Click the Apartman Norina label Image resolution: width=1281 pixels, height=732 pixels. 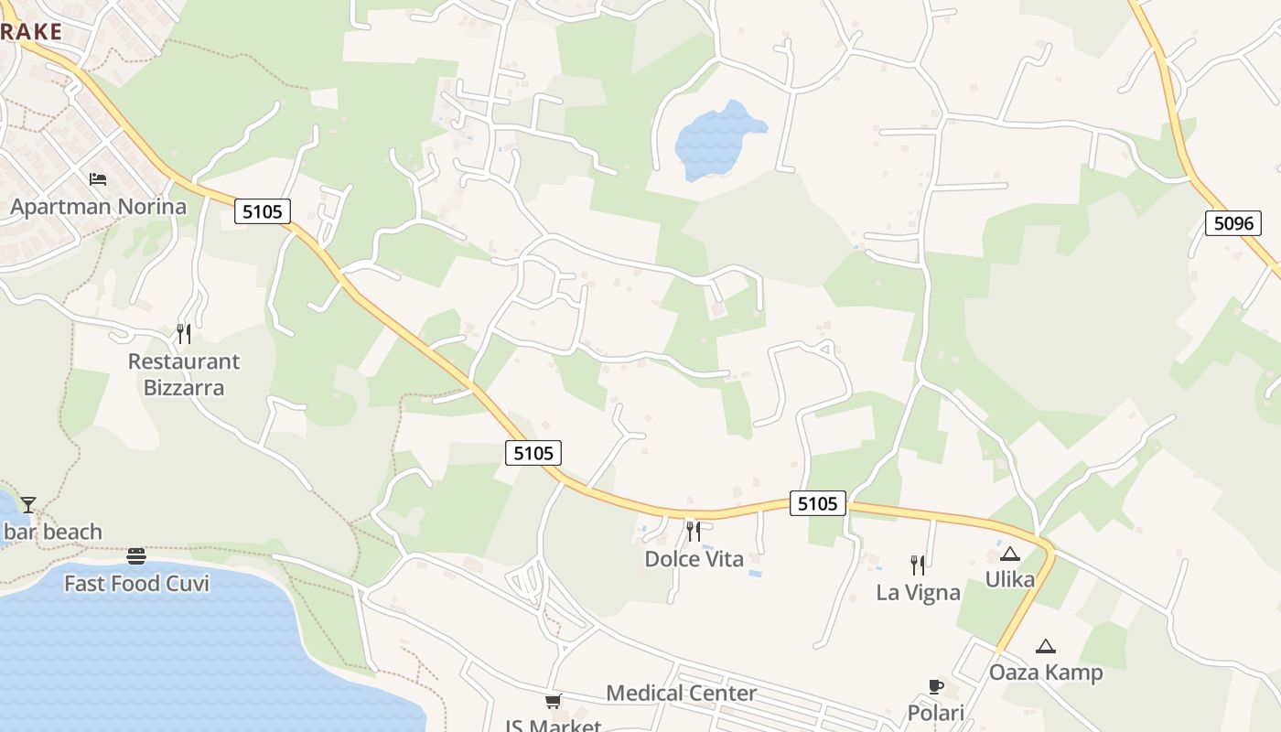click(x=98, y=207)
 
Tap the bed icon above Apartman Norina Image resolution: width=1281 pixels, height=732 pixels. click(x=98, y=178)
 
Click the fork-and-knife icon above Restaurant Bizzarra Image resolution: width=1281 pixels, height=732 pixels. click(x=184, y=333)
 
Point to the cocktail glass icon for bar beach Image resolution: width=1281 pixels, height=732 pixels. click(x=28, y=504)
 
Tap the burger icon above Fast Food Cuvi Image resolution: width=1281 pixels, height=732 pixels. click(x=136, y=555)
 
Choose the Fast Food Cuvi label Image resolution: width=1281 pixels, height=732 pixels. click(x=136, y=584)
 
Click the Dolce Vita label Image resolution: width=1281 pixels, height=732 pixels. click(x=694, y=559)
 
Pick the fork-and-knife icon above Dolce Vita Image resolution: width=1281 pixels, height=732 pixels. click(x=694, y=531)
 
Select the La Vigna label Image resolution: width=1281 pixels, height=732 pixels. click(x=918, y=593)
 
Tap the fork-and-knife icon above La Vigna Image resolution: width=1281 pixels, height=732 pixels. click(x=918, y=565)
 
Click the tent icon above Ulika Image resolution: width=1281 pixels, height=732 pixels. click(x=1009, y=554)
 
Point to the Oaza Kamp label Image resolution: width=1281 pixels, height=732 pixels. click(x=1045, y=673)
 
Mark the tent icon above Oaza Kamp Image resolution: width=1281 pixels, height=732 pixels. click(x=1045, y=646)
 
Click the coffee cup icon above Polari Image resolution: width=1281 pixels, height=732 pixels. click(x=935, y=686)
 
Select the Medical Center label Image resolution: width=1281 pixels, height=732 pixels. click(x=681, y=694)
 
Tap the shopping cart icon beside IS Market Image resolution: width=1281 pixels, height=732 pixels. click(x=553, y=702)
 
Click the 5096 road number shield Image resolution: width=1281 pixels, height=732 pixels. click(x=1233, y=222)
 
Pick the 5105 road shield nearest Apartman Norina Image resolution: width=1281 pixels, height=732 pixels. click(x=263, y=212)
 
